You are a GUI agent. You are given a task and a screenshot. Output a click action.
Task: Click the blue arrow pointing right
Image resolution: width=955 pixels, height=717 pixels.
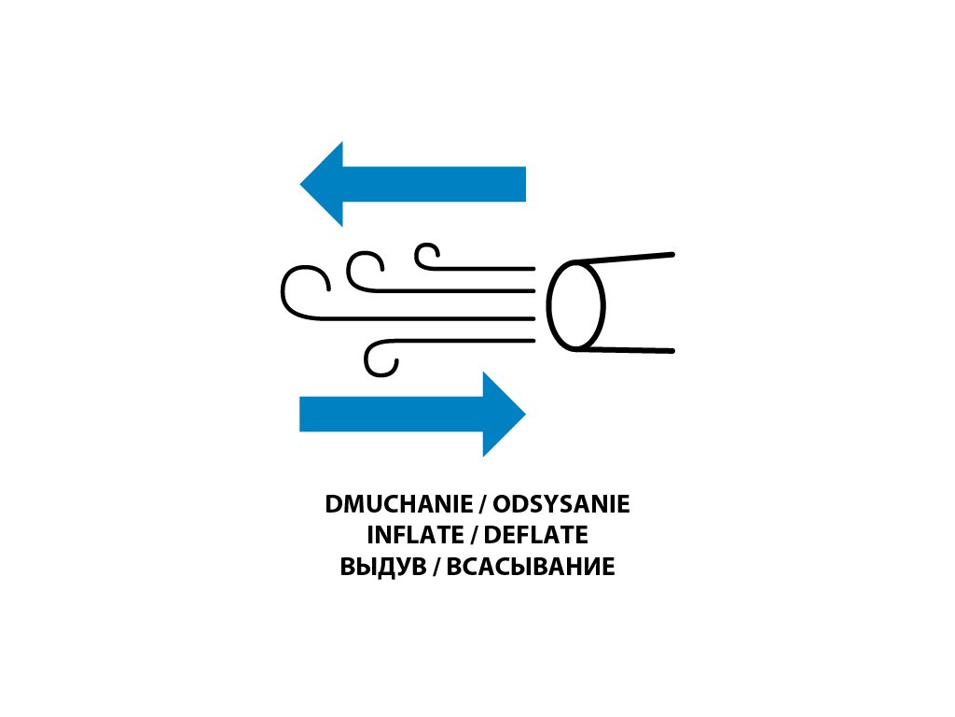pyautogui.click(x=410, y=414)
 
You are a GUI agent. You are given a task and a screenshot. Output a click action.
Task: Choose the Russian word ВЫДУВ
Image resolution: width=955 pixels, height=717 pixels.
pyautogui.click(x=382, y=567)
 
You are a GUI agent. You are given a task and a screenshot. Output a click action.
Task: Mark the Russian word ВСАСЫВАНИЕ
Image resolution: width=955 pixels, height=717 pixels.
pyautogui.click(x=531, y=567)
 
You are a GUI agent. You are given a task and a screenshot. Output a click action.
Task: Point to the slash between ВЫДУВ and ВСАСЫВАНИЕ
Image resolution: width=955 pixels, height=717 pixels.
pyautogui.click(x=435, y=567)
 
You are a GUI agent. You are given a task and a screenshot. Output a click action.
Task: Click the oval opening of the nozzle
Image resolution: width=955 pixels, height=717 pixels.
pyautogui.click(x=575, y=306)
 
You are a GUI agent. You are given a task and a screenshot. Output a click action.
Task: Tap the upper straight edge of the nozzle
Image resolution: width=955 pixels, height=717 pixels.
pyautogui.click(x=625, y=257)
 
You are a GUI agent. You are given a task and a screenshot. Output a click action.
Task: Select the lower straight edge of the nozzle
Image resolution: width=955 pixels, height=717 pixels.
pyautogui.click(x=625, y=350)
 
